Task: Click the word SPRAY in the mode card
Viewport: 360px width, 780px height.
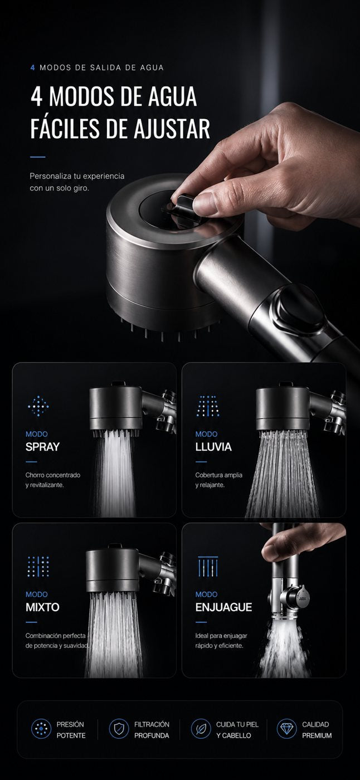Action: tap(42, 447)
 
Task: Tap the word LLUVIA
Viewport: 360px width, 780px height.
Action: tap(213, 447)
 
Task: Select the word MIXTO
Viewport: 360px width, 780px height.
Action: tap(42, 607)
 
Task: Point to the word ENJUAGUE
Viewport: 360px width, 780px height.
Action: tap(223, 607)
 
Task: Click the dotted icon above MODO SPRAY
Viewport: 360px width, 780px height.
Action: tap(38, 406)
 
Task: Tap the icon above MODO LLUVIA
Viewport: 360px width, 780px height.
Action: tap(208, 406)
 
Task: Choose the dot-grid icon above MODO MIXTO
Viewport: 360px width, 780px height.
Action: tap(38, 567)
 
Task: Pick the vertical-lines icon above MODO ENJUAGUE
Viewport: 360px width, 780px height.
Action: tap(208, 567)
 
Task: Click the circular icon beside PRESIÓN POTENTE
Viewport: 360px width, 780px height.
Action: tap(41, 729)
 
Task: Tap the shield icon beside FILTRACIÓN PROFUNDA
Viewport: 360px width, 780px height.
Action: tap(119, 729)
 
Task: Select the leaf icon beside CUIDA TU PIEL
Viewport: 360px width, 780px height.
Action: tap(201, 729)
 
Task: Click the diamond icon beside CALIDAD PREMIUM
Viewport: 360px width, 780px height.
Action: tap(286, 729)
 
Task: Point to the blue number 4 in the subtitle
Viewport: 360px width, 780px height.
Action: tap(33, 67)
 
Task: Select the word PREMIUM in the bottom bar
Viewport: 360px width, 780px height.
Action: tap(317, 735)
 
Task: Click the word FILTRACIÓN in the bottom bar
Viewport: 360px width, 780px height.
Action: tap(152, 724)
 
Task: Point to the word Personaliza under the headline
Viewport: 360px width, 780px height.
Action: tap(51, 176)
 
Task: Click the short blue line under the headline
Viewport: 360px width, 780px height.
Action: tap(37, 157)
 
